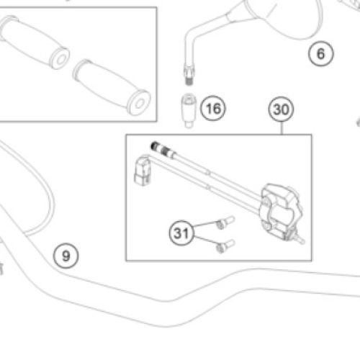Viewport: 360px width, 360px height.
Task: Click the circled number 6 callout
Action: click(x=321, y=54)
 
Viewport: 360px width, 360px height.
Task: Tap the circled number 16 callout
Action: click(x=213, y=108)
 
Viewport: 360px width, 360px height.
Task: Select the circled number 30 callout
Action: click(x=281, y=109)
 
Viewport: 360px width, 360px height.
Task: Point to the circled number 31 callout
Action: click(x=181, y=233)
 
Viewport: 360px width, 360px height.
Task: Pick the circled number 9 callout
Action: click(x=66, y=256)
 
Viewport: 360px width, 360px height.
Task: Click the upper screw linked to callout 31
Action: click(x=225, y=222)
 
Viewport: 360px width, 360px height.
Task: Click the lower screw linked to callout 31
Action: click(x=225, y=246)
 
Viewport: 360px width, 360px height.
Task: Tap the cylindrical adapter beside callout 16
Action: click(x=189, y=110)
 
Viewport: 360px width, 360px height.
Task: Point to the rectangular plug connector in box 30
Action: click(x=143, y=171)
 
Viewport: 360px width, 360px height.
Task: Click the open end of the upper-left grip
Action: click(x=60, y=59)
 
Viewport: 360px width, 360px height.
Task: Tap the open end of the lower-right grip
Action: click(x=139, y=103)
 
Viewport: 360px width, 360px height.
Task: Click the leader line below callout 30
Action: click(x=282, y=128)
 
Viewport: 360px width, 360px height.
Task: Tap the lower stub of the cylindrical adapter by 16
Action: click(x=189, y=125)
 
